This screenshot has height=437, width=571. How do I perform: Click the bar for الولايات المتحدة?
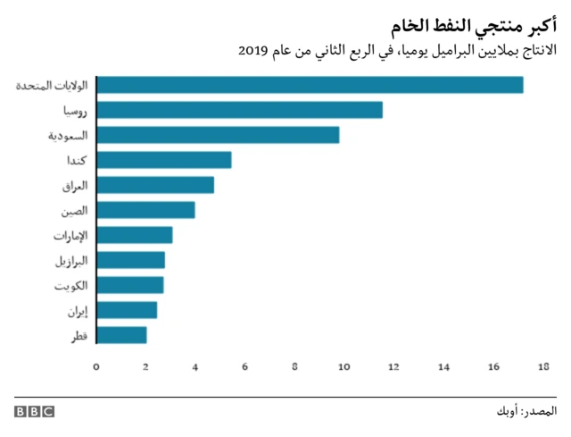(x=310, y=85)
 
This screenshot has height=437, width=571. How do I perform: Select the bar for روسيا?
(x=239, y=110)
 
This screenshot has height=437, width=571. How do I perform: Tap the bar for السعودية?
(x=218, y=135)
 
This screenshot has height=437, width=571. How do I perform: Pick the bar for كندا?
(x=164, y=160)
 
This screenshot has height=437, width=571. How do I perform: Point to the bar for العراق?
(x=155, y=185)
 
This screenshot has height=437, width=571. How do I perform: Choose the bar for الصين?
(x=145, y=210)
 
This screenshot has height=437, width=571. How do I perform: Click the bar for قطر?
(x=121, y=335)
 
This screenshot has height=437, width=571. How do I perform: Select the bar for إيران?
(x=127, y=310)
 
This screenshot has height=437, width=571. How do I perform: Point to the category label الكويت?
(x=70, y=286)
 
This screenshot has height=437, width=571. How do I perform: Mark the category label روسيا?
(x=75, y=111)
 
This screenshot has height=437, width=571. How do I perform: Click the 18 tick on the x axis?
(x=542, y=365)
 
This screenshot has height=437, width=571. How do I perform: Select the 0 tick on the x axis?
(x=96, y=365)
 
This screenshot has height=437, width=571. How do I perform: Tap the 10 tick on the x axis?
(x=343, y=365)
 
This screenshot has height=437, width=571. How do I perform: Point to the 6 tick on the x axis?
(x=245, y=365)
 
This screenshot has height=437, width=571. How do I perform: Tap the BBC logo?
(x=34, y=412)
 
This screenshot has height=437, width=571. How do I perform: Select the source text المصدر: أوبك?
(x=527, y=412)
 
